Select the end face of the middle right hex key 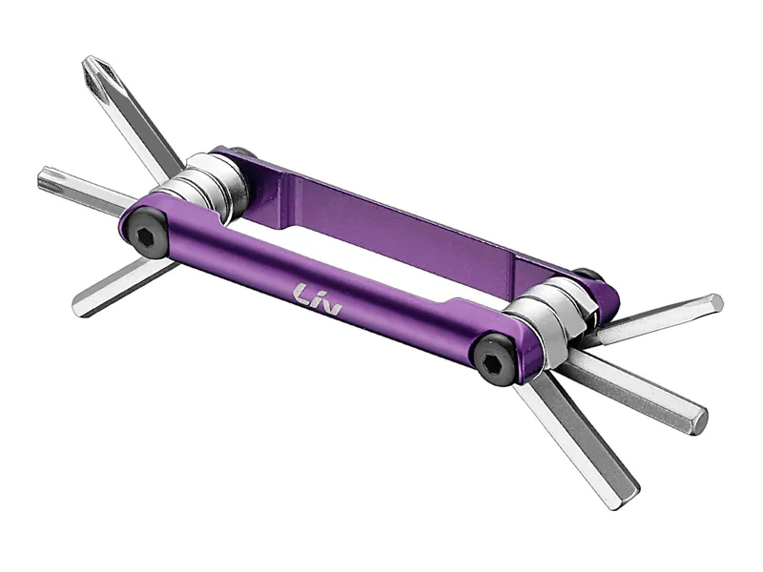[699, 419]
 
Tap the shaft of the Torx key [95, 191]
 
